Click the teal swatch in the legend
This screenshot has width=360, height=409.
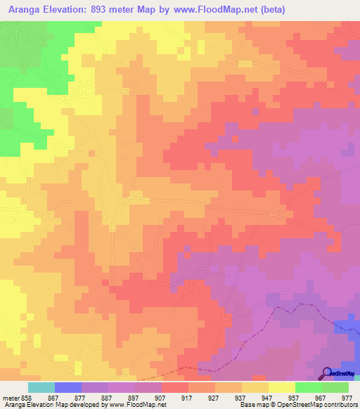click(x=41, y=387)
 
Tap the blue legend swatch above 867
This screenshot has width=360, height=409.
click(x=68, y=387)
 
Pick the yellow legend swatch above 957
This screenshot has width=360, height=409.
click(x=282, y=387)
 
